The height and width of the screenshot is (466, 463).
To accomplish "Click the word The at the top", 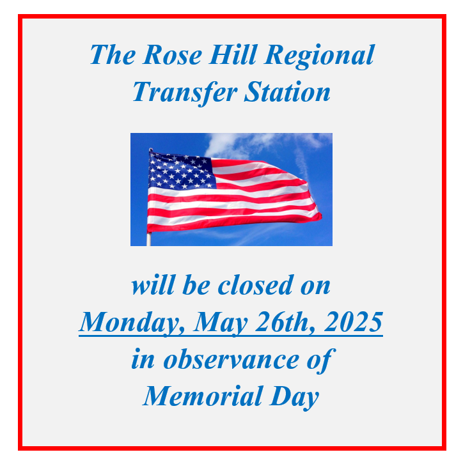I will [113, 54].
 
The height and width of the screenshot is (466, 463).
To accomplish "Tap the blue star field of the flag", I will [180, 171].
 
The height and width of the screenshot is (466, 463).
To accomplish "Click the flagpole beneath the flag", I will [149, 239].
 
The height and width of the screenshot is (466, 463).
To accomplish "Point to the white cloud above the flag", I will [243, 144].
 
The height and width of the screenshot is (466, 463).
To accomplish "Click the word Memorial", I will [197, 396].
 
